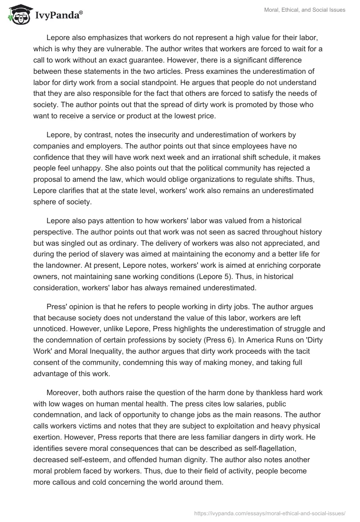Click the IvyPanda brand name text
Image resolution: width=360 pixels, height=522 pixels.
point(58,15)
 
